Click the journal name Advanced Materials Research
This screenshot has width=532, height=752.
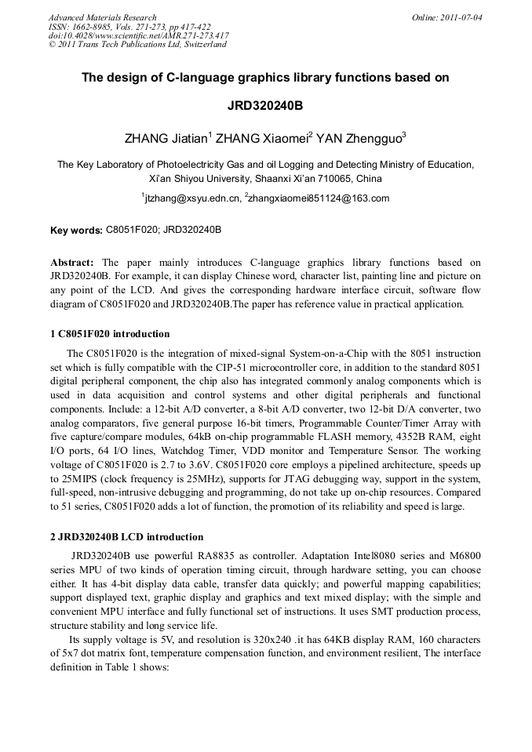click(x=102, y=16)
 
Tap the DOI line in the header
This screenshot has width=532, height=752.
click(x=138, y=35)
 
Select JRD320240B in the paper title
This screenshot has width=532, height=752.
click(x=266, y=105)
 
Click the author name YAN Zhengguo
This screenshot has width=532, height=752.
click(x=360, y=140)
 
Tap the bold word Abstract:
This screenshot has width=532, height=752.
click(x=72, y=262)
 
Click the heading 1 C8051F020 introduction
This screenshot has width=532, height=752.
click(x=109, y=334)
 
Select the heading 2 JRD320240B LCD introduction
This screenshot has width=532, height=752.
click(x=126, y=537)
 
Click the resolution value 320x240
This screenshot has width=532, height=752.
click(x=279, y=640)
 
